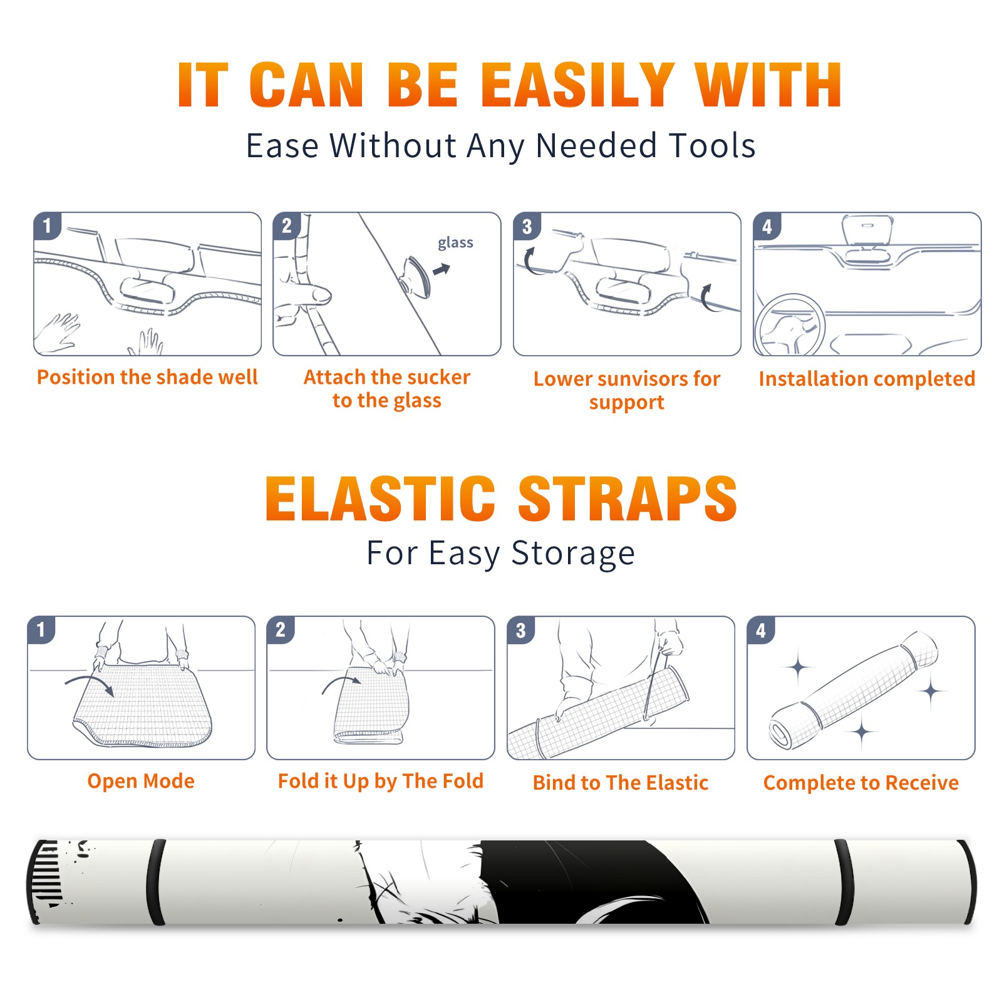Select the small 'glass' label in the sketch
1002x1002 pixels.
(x=455, y=243)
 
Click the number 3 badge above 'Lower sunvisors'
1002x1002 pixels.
(x=527, y=226)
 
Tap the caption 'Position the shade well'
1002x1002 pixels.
(x=147, y=377)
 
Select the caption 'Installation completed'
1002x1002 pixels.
(x=867, y=379)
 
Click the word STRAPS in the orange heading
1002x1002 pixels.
(x=628, y=498)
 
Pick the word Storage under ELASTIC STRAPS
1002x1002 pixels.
(x=573, y=554)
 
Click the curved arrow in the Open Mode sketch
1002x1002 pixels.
(x=90, y=684)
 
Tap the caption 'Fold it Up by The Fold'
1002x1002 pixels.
(x=381, y=781)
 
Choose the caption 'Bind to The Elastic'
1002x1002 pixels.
(x=621, y=783)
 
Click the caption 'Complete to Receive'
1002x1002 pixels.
(x=861, y=783)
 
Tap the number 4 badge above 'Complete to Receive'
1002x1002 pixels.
(x=761, y=630)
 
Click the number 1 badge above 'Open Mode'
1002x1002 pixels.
(x=41, y=630)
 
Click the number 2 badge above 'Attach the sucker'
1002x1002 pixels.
(x=287, y=226)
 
